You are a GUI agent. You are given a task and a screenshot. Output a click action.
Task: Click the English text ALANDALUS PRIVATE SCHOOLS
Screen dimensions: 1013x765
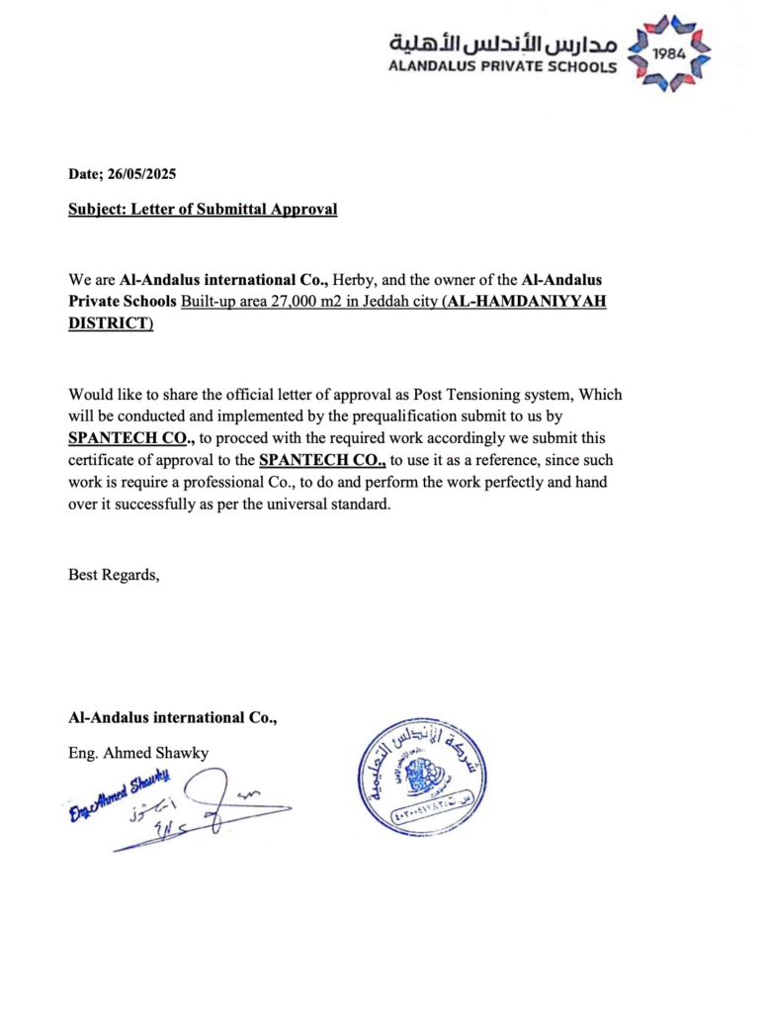[x=503, y=67]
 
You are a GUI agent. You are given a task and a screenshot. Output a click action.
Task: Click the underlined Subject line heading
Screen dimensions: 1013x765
[x=203, y=209]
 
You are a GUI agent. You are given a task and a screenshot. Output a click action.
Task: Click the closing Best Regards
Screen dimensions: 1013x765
[x=113, y=574]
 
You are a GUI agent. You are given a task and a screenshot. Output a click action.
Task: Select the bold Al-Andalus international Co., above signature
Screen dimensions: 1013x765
[x=172, y=717]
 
